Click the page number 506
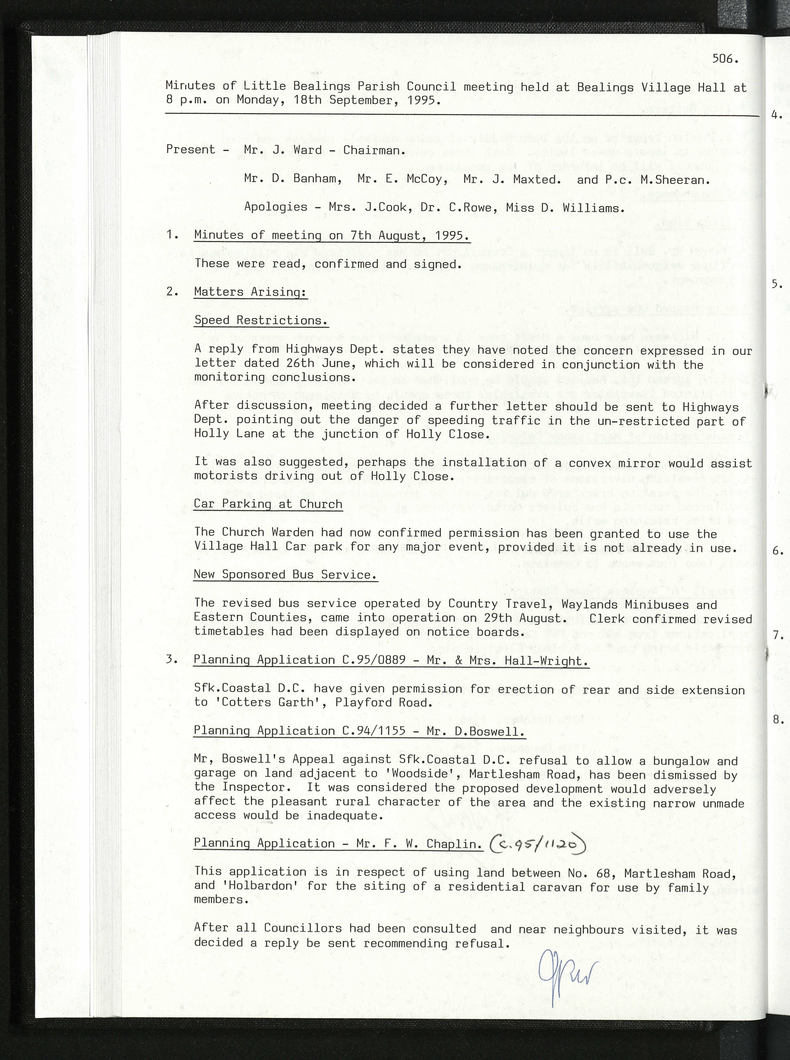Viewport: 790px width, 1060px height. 725,59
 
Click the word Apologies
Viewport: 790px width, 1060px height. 275,207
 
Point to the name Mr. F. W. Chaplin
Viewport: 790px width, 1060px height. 419,844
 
